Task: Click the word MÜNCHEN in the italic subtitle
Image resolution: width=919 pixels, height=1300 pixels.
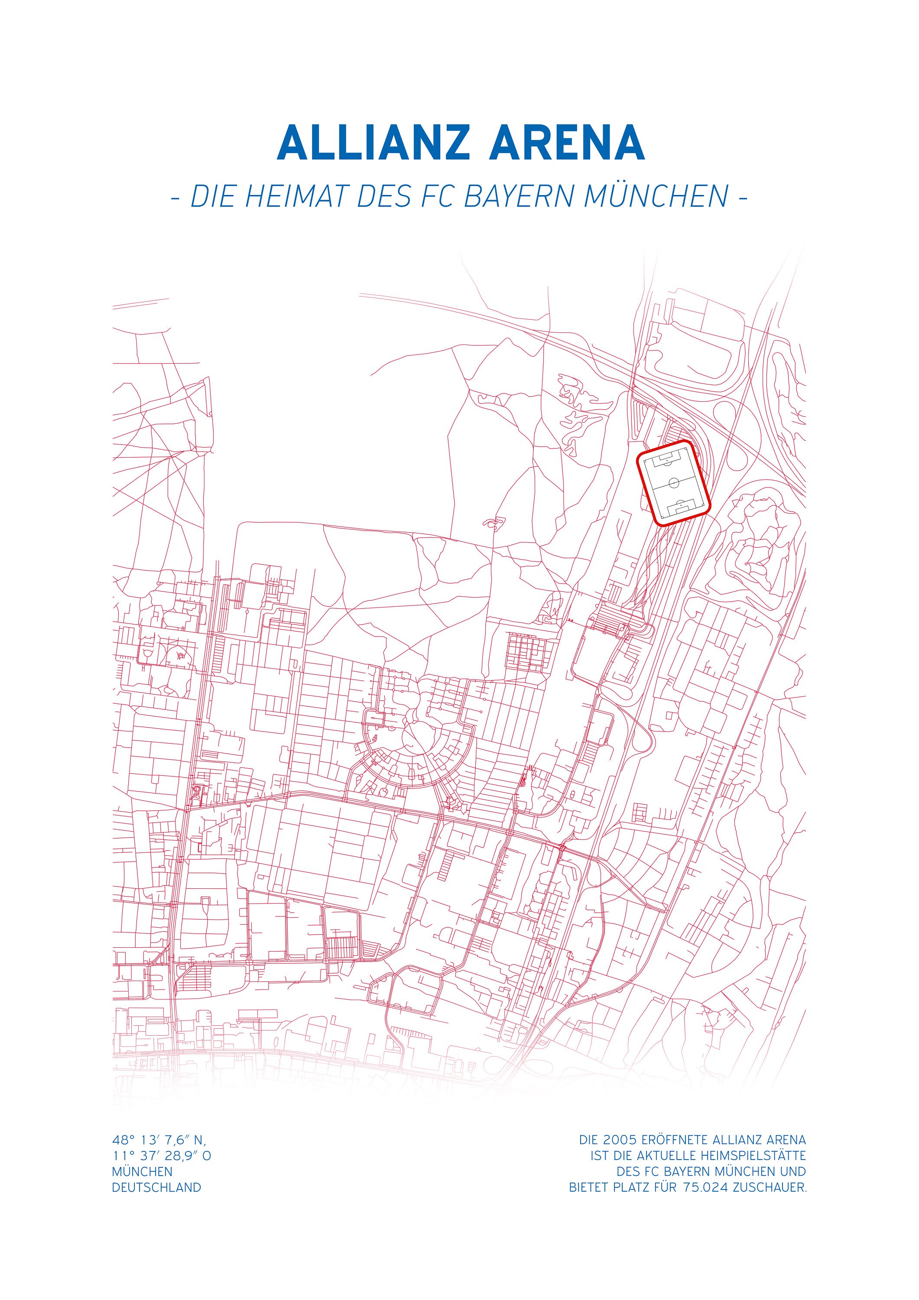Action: click(x=656, y=196)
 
